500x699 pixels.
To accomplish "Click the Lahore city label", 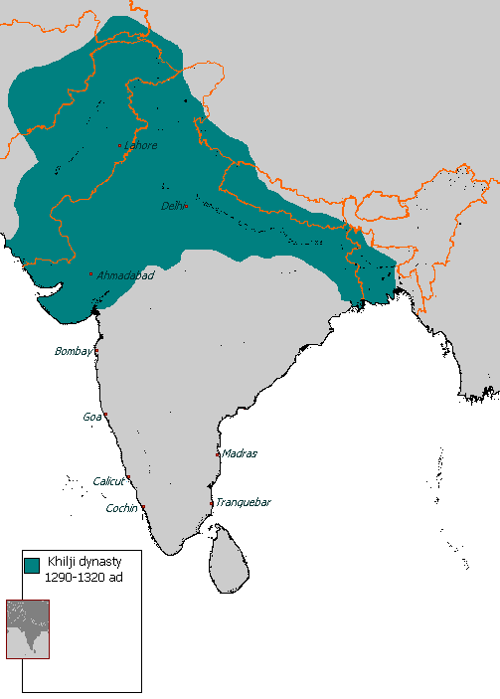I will click(141, 145).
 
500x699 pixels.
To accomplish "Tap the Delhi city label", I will click(172, 206).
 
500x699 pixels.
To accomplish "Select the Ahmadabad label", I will click(125, 274).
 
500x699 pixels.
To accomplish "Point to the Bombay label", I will click(73, 351).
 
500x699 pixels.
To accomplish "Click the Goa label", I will click(91, 417).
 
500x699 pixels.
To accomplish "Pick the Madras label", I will click(240, 453).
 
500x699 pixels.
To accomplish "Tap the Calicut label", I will click(108, 481).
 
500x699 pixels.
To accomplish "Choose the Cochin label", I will click(122, 508).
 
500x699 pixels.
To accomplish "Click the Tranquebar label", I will click(243, 502).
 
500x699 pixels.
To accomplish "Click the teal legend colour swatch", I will click(31, 565).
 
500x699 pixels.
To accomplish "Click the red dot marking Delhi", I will click(186, 207).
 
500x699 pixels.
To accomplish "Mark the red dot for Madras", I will click(218, 454).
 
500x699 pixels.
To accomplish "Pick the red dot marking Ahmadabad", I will click(91, 274).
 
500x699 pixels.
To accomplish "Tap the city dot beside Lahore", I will click(120, 146).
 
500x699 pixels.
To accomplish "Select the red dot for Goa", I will click(104, 416).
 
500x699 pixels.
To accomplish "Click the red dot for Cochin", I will click(143, 508).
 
